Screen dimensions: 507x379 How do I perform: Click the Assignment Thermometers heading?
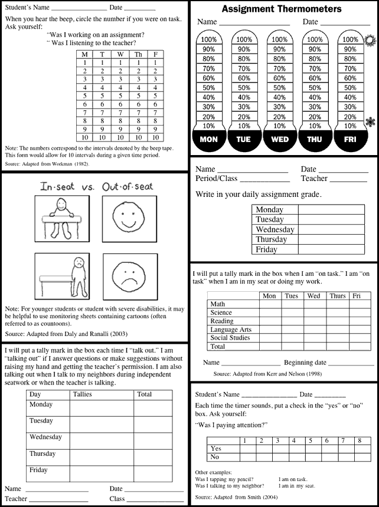[282, 9]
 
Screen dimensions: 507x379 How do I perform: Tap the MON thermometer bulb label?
[209, 140]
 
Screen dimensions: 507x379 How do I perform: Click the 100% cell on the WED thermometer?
[280, 40]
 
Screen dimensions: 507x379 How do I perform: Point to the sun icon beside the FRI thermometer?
[371, 41]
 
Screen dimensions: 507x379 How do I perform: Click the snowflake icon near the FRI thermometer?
[371, 122]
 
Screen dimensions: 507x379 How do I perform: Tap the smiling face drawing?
[129, 219]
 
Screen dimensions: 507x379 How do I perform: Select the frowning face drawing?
[129, 276]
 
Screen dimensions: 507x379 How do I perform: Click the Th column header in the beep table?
[138, 54]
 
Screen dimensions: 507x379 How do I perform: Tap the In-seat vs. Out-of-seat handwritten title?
[96, 186]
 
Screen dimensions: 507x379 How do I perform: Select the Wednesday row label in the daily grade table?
[275, 229]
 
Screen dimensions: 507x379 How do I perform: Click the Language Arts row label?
[231, 330]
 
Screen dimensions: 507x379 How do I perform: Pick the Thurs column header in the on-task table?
[338, 296]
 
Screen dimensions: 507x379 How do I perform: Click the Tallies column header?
[83, 394]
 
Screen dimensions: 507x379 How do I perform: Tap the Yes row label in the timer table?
[216, 449]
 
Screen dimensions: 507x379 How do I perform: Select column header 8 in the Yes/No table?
[359, 440]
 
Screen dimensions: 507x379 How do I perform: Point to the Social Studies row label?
[230, 338]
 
